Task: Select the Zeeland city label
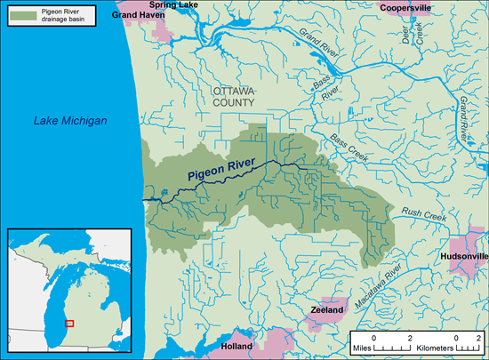326,311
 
